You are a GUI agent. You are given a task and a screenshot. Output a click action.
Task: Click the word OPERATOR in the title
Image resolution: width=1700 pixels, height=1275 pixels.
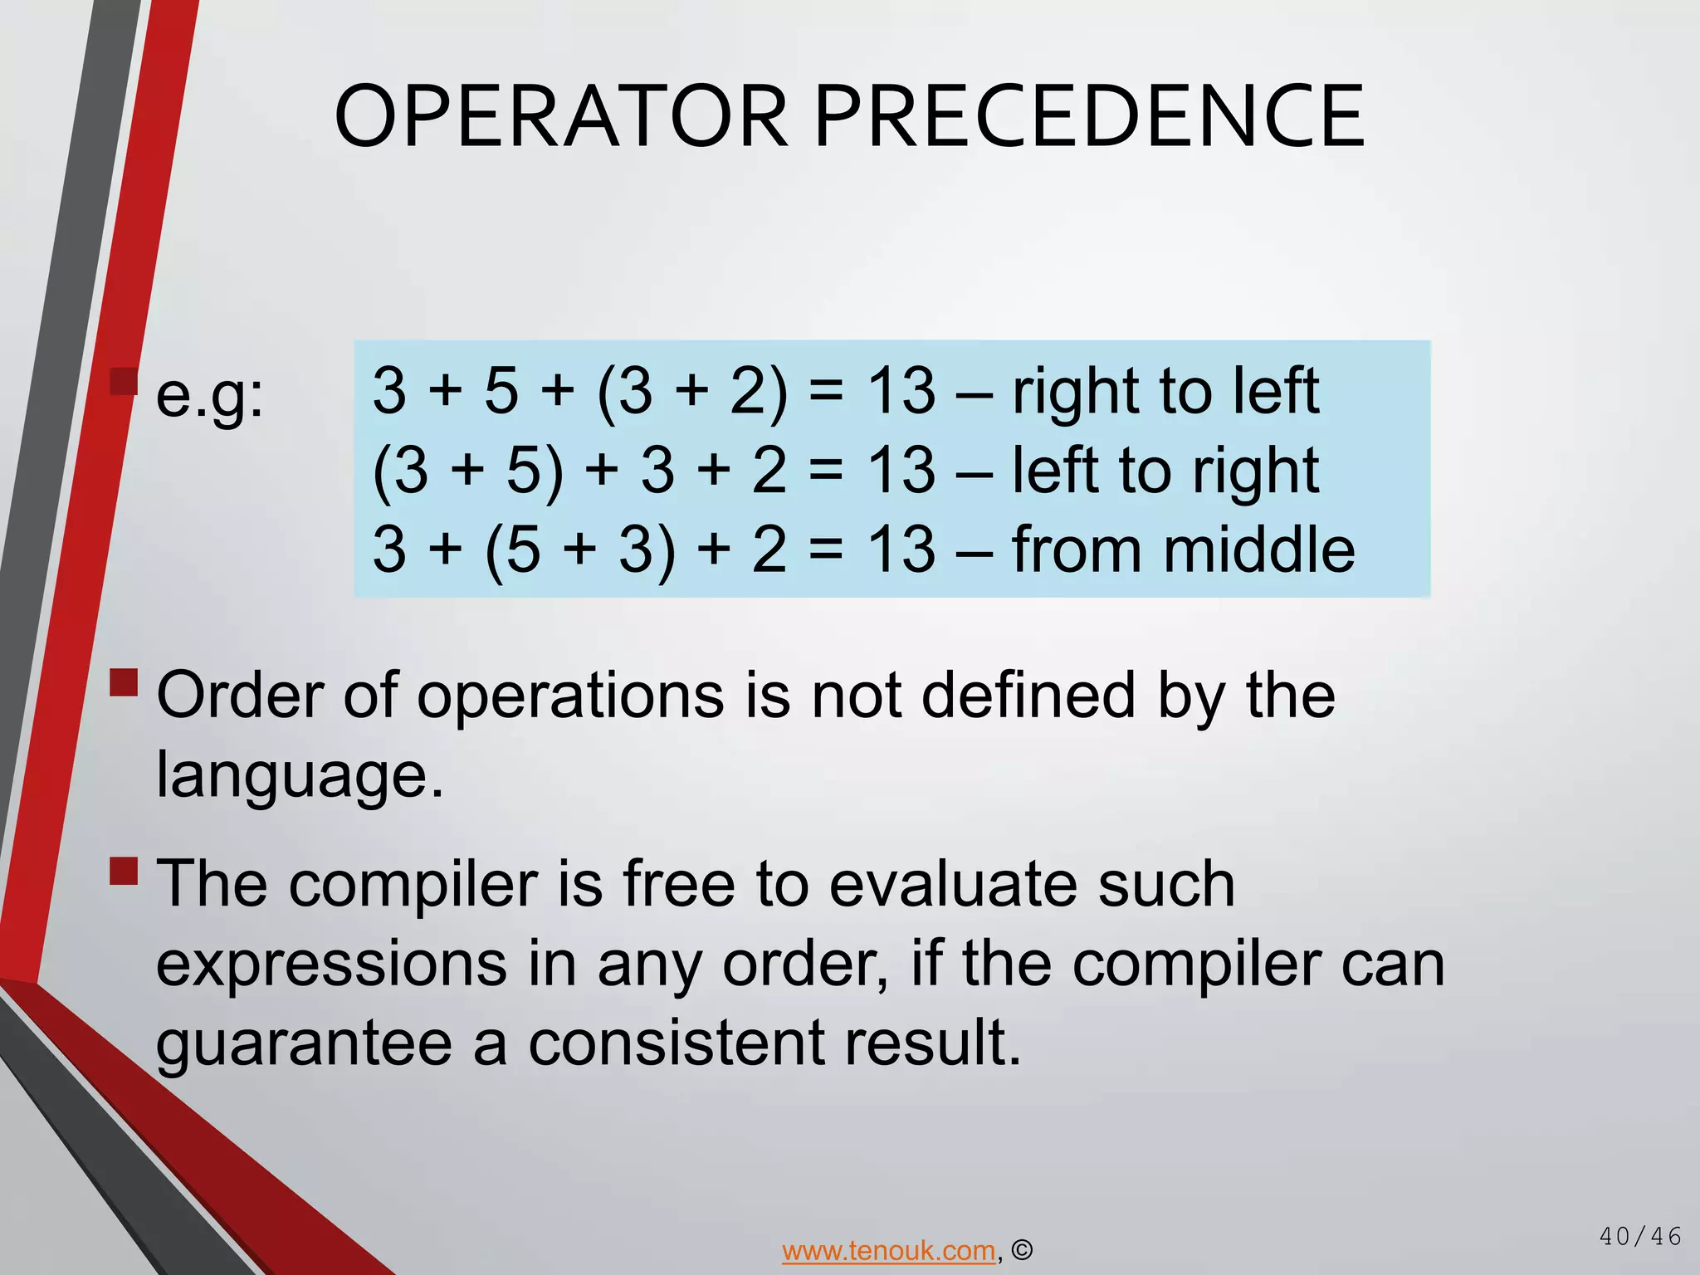tap(560, 116)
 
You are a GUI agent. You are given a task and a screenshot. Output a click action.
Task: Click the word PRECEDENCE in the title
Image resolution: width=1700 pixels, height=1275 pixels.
tap(1089, 116)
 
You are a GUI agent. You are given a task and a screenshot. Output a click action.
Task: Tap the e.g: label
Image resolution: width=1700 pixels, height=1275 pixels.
tap(210, 396)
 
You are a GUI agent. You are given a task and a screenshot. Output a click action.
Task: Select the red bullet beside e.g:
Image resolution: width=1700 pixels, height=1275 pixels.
tap(124, 382)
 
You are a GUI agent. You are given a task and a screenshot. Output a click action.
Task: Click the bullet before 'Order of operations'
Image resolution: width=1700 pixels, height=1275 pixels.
tap(124, 682)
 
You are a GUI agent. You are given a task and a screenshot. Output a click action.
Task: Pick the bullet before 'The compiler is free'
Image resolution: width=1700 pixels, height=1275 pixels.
tap(124, 871)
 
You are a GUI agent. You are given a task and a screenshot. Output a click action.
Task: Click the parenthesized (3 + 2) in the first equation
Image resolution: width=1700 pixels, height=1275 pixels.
tap(691, 391)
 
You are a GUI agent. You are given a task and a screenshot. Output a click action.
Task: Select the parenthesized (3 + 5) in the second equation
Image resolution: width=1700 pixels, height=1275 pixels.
tap(469, 471)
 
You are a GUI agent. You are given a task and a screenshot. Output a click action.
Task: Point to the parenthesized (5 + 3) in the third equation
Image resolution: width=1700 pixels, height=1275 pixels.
tap(580, 550)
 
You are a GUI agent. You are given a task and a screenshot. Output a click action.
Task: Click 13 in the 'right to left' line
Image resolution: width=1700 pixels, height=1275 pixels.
tap(901, 391)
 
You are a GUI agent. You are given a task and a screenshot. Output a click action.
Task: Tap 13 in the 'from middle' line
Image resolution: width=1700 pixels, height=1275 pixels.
tap(901, 550)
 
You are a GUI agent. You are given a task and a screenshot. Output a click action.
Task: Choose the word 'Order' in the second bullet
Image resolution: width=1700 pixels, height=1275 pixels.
tap(239, 695)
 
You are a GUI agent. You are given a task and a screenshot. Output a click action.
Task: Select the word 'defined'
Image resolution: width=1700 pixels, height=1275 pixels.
tap(1028, 695)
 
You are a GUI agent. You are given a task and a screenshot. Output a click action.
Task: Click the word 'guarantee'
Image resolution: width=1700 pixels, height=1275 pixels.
tap(304, 1043)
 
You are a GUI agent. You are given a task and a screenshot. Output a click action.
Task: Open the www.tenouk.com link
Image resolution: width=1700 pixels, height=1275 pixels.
tap(888, 1250)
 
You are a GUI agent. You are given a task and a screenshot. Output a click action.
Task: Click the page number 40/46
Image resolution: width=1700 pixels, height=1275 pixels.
tap(1640, 1237)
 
